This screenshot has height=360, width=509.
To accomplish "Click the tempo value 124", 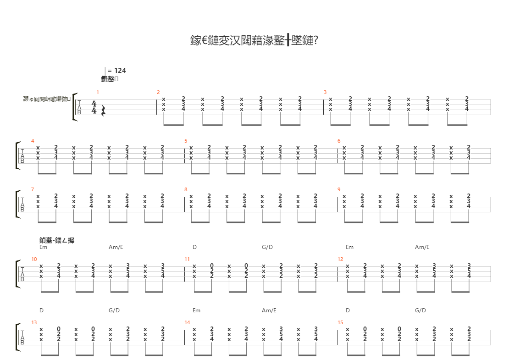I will point(120,71).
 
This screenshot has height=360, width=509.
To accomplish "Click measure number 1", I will point(97,92).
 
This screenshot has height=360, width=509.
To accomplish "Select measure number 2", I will point(158,92).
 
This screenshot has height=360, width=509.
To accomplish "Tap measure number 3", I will point(325,92).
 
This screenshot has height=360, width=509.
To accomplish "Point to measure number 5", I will point(186,141).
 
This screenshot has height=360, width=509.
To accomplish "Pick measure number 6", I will point(339,141).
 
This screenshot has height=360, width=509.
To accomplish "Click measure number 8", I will point(186,189).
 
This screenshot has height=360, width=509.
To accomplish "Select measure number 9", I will point(339,189).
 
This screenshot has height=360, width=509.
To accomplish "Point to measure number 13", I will point(34,322).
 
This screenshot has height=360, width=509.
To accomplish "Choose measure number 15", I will point(340,322).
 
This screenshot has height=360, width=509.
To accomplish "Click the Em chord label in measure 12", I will point(349,247).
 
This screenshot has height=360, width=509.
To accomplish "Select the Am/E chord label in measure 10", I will point(116,247).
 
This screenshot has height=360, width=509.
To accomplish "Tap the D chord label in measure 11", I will point(194,247).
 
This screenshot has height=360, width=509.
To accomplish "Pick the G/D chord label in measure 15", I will point(420,310).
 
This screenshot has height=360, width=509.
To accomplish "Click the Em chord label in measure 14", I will point(196,310).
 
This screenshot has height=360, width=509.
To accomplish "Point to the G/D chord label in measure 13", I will point(114,310).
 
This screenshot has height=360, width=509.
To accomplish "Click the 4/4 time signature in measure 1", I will point(94,107).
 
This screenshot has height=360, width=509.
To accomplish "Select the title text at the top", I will point(254,41).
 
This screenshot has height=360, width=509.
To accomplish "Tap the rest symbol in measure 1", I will point(103,111).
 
